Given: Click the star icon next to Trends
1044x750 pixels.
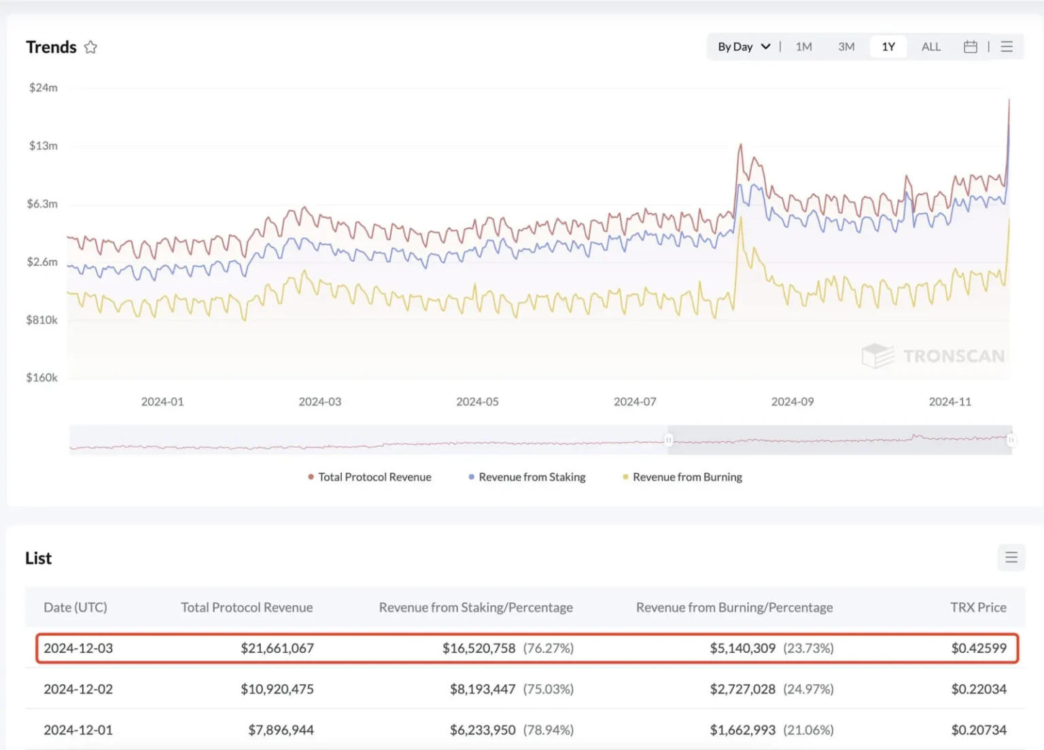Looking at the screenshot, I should (x=90, y=47).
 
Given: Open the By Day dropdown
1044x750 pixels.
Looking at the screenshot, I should (x=744, y=47).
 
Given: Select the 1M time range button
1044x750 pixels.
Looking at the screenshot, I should (x=803, y=47).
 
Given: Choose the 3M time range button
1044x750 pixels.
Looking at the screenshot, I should (x=846, y=47).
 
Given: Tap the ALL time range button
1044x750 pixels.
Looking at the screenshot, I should (x=930, y=47).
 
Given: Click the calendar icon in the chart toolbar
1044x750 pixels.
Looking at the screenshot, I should (x=970, y=47).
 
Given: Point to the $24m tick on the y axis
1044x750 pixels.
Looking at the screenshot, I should (x=43, y=88).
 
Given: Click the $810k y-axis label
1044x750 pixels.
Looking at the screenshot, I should (x=41, y=320).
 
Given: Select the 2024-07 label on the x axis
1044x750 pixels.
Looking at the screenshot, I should (x=635, y=402).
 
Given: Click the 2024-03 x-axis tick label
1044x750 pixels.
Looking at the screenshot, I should (x=319, y=402).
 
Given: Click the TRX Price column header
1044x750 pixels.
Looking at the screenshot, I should (x=977, y=607).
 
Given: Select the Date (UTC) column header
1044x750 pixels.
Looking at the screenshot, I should (x=75, y=607).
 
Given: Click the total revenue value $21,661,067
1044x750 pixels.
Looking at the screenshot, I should (x=277, y=648).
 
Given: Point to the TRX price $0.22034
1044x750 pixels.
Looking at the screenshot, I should (x=978, y=689).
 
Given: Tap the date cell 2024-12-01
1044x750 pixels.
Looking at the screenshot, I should (x=78, y=730).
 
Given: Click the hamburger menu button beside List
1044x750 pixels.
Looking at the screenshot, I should (x=1011, y=558).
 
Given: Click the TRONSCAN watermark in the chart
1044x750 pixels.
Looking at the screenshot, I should (x=933, y=356).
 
